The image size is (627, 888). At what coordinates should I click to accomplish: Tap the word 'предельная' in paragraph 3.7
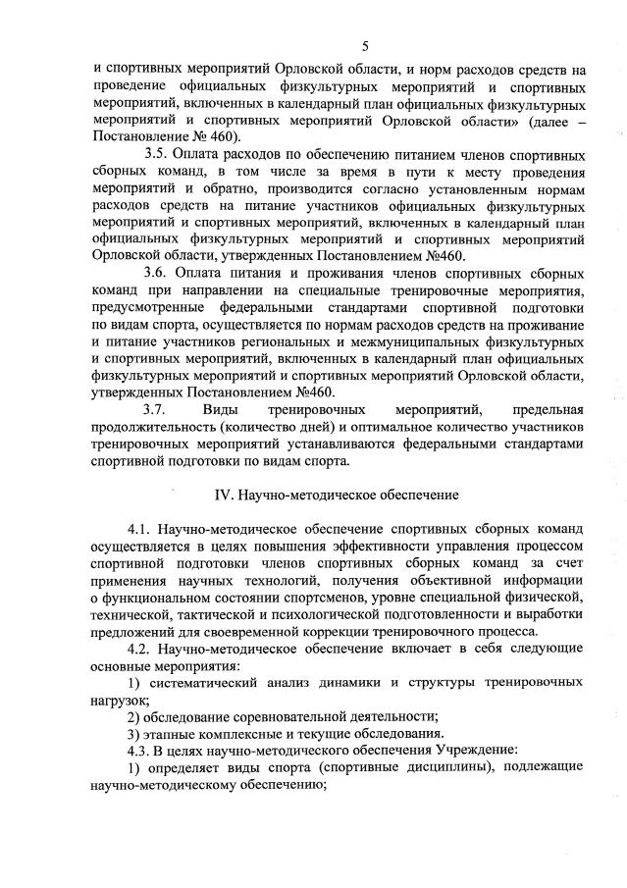click(x=549, y=407)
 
